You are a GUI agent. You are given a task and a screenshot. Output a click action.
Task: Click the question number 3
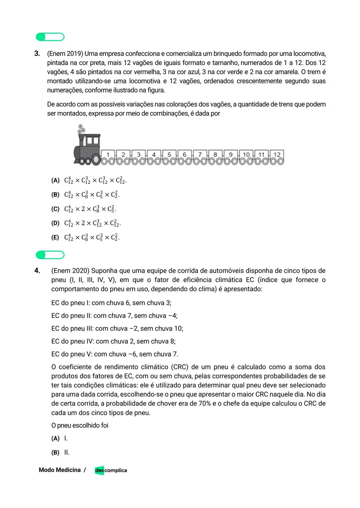point(37,54)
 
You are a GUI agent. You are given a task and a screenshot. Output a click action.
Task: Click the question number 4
point(37,270)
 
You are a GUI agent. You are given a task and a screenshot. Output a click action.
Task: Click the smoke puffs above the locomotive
point(81,129)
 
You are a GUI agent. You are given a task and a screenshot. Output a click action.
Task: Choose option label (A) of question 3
point(55,181)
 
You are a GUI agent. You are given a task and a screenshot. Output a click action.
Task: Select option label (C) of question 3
point(55,209)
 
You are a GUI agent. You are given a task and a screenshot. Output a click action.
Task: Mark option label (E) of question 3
point(55,238)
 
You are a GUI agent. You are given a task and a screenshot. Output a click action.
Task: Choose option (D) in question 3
point(55,223)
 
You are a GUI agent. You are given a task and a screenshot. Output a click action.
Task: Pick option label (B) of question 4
point(55,452)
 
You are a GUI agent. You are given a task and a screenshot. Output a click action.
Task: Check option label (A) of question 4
point(55,438)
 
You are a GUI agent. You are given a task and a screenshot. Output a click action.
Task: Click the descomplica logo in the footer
point(111,470)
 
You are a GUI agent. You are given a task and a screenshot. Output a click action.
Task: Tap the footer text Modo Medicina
point(60,470)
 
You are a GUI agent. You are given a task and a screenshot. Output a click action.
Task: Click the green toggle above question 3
point(50,37)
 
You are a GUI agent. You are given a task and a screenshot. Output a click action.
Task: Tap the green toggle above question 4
point(50,255)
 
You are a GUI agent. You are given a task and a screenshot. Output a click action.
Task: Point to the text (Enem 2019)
point(65,54)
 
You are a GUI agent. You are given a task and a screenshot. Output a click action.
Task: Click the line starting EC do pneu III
point(117,328)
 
